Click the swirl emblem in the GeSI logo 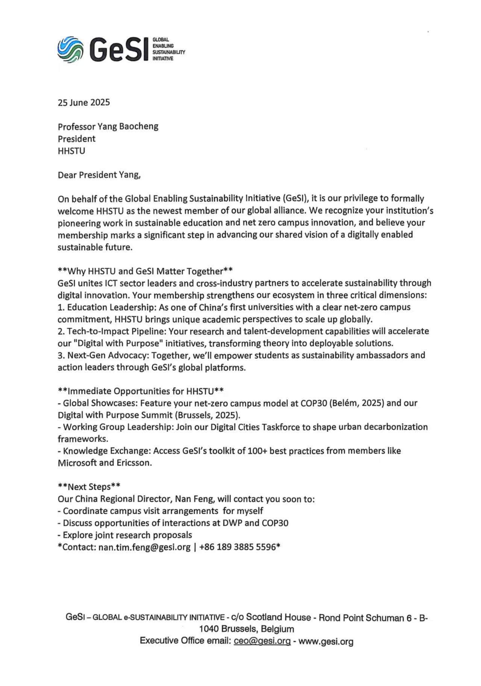[70, 49]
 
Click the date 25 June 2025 [83, 103]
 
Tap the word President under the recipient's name [76, 139]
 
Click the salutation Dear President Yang [99, 175]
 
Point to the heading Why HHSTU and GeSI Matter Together [145, 271]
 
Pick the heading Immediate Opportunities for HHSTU [141, 391]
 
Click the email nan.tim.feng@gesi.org [144, 547]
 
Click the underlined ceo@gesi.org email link [262, 641]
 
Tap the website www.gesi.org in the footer [326, 641]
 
